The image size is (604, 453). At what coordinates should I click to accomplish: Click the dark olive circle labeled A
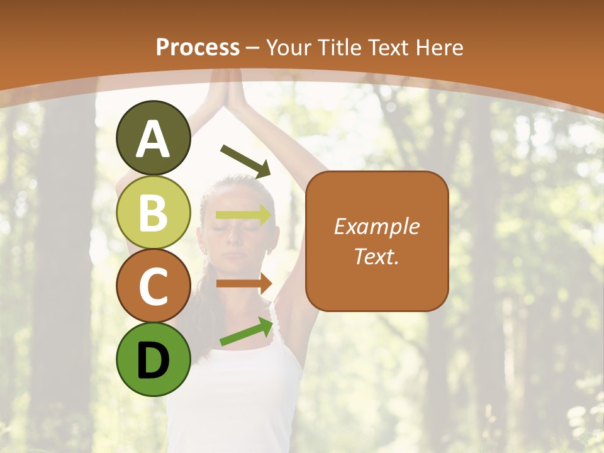(x=153, y=138)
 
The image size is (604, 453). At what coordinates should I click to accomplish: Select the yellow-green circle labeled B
(x=153, y=212)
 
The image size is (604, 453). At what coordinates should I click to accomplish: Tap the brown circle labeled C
(x=153, y=286)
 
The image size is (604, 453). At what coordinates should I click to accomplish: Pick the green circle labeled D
(x=153, y=359)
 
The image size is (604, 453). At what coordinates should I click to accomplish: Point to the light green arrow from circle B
(x=244, y=215)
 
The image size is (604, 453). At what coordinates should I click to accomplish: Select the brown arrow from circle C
(x=244, y=283)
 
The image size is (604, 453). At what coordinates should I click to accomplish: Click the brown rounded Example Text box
(x=377, y=241)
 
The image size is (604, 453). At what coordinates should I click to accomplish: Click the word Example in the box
(x=377, y=226)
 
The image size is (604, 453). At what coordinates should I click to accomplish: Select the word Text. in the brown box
(x=377, y=256)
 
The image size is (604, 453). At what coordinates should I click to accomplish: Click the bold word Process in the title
(x=198, y=47)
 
